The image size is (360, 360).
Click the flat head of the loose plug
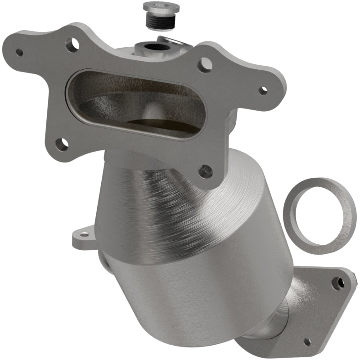[x=161, y=7]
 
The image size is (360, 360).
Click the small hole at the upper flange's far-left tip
[x=19, y=52]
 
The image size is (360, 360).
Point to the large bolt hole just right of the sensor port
[x=205, y=65]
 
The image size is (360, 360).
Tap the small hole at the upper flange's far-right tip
[x=262, y=90]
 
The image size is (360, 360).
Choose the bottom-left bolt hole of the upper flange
[x=63, y=144]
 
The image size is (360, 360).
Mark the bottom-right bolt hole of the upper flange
[x=206, y=171]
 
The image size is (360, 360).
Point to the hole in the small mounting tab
[x=83, y=234]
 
